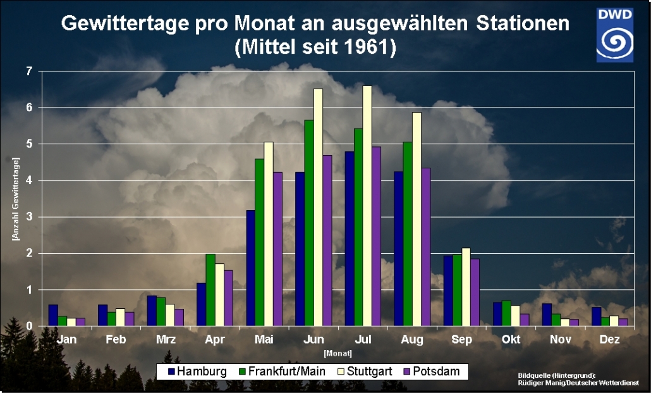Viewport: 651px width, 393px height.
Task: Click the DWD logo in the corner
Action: coord(614,35)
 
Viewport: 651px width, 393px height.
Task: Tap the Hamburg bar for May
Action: coord(251,268)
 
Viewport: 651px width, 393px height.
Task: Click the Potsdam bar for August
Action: coord(426,247)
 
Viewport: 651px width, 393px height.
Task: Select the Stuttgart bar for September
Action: coord(466,287)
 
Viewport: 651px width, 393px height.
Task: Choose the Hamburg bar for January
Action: coord(53,315)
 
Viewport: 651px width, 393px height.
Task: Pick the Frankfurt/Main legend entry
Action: coord(280,371)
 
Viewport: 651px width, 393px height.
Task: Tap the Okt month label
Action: coord(511,340)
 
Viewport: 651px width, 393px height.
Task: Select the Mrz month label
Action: coord(166,340)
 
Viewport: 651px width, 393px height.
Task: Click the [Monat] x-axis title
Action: coord(338,352)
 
